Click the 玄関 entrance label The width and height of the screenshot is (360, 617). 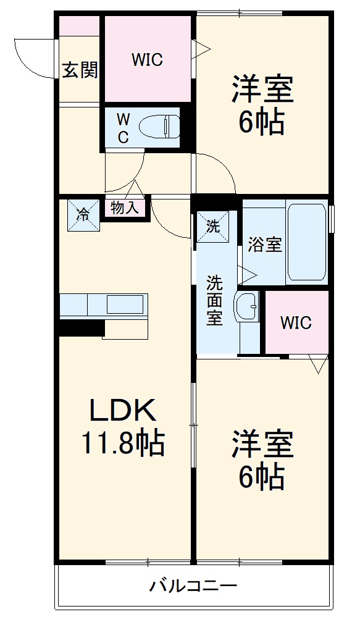point(80,70)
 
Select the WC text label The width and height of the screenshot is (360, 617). point(123,128)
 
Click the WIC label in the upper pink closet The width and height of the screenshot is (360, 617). point(147,60)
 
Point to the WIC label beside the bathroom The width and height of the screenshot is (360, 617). point(296,322)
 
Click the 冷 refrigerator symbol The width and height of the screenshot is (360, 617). point(83,214)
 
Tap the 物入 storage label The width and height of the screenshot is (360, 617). point(125,208)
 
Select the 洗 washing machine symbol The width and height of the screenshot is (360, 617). point(213,226)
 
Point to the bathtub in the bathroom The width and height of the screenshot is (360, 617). point(306,242)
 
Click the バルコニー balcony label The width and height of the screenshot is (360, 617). point(193,586)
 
